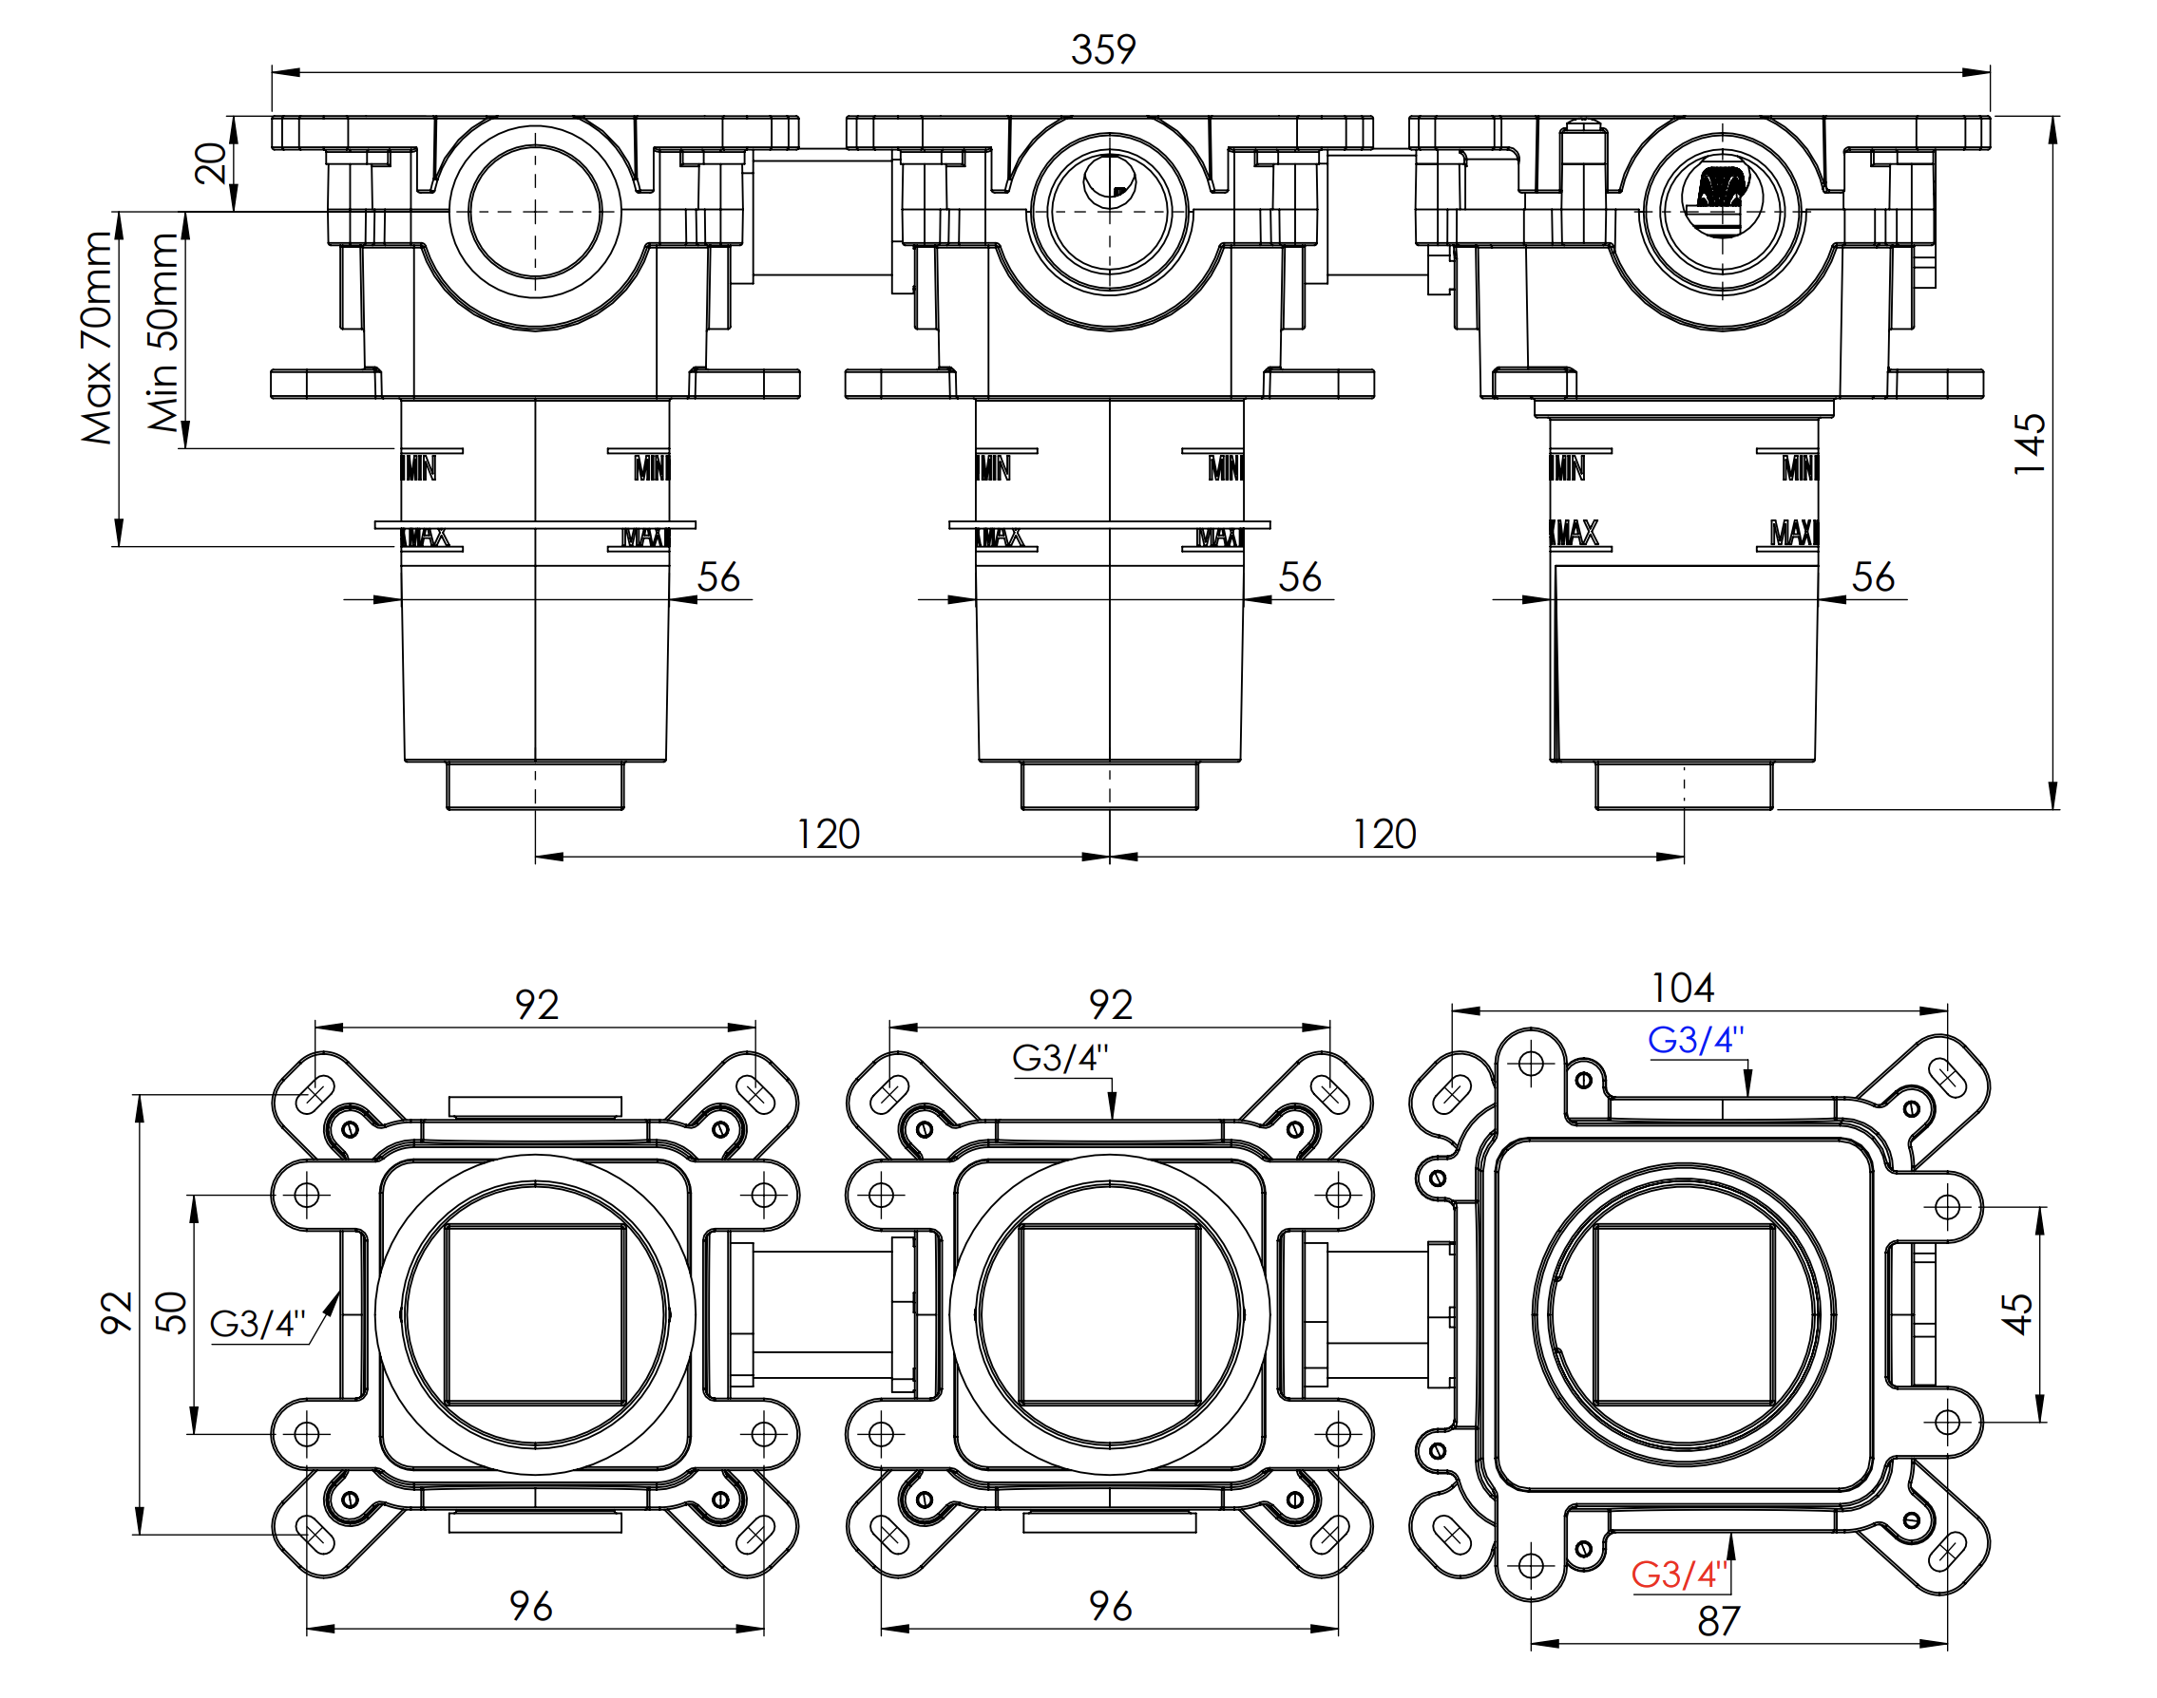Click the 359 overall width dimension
(1103, 49)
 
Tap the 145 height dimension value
(2030, 443)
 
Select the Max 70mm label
(98, 337)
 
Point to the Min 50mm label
(163, 332)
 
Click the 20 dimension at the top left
(211, 163)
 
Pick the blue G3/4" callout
(1695, 1041)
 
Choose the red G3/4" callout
(1679, 1575)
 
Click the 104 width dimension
(1683, 989)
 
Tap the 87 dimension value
(1718, 1621)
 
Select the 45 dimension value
(2016, 1313)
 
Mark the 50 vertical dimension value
(172, 1312)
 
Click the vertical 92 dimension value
(116, 1312)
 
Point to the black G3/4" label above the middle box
(1060, 1059)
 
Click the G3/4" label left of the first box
(258, 1324)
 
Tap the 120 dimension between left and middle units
(828, 834)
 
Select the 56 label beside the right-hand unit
(1873, 577)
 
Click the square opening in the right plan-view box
(1684, 1315)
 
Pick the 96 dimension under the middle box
(1110, 1607)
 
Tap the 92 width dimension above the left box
(536, 1005)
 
